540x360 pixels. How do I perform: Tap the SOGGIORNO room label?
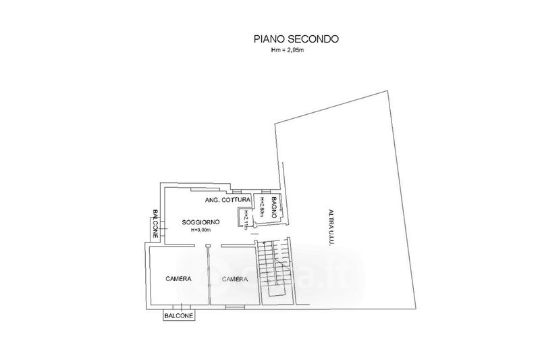[x=200, y=222]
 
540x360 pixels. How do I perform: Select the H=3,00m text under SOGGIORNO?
[x=200, y=230]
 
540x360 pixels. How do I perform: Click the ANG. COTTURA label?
[x=227, y=201]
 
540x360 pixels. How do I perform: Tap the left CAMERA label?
[x=178, y=279]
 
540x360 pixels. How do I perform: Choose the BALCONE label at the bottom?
[x=179, y=316]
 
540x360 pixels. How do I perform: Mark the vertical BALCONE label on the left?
[x=155, y=224]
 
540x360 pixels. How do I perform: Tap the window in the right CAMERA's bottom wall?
[x=234, y=307]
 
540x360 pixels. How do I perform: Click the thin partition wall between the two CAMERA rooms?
[x=209, y=277]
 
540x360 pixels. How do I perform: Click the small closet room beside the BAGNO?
[x=243, y=219]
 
